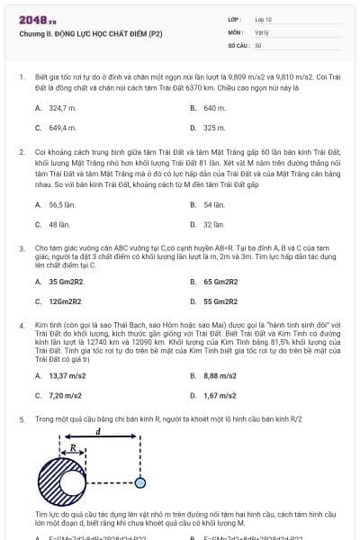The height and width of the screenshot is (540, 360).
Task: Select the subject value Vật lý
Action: pos(261,31)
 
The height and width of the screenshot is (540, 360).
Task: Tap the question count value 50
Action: pos(258,44)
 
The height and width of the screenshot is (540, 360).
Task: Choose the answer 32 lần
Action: pos(213,224)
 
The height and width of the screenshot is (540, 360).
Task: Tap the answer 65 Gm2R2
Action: pos(220,282)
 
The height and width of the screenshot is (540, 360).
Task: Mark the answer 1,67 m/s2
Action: pos(220,394)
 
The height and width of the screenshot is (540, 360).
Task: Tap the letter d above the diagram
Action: pos(97,433)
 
